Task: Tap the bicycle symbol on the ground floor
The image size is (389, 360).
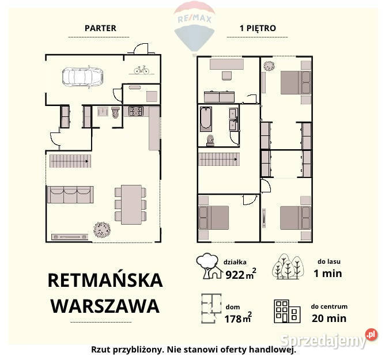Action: (x=141, y=70)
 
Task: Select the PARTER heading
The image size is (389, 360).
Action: (x=100, y=28)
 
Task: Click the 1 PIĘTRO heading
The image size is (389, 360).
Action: (x=258, y=28)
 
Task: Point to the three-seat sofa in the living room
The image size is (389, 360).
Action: (x=70, y=195)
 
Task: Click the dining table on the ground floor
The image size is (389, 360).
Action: (x=131, y=204)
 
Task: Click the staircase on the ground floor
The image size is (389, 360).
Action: (x=70, y=161)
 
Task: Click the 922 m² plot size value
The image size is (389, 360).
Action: (x=239, y=274)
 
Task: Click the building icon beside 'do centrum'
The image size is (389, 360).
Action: (x=287, y=311)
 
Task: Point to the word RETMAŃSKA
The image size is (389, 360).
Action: (x=105, y=281)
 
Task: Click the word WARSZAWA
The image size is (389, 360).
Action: (x=105, y=305)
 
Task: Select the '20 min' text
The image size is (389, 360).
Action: (x=328, y=318)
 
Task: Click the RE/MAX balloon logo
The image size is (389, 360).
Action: (x=194, y=26)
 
